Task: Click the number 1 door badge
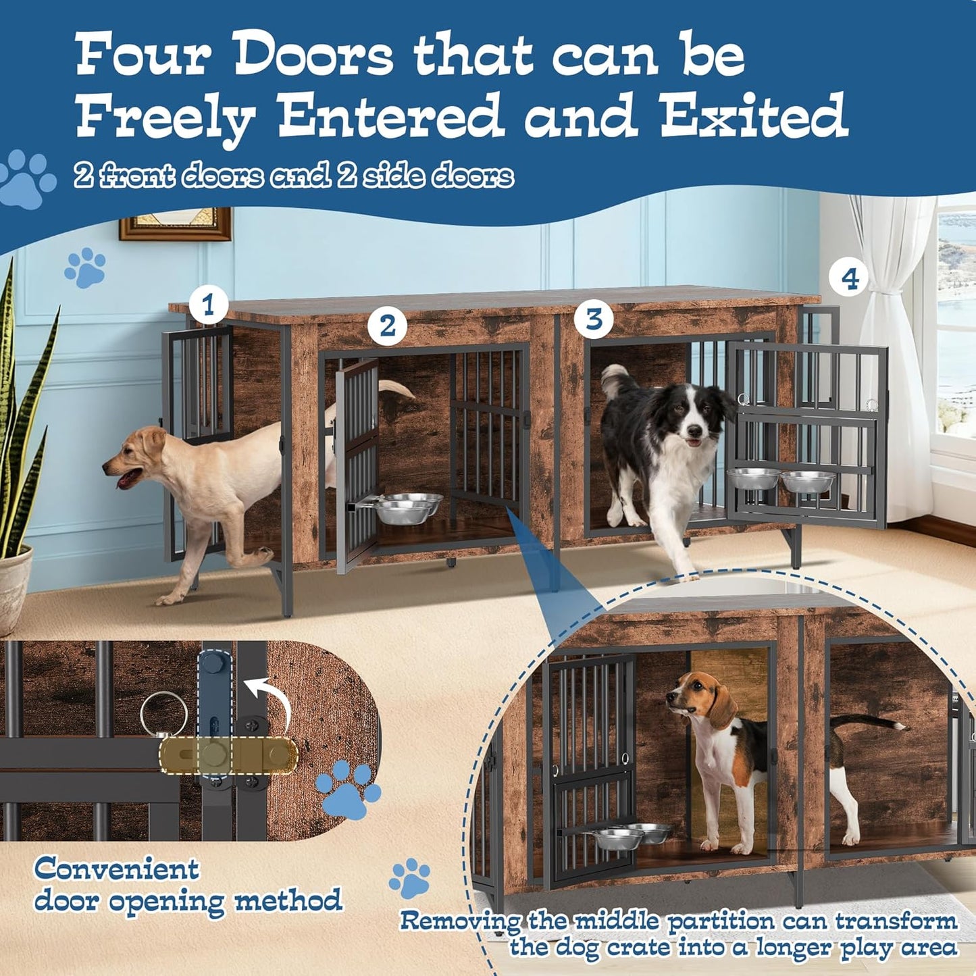[208, 305]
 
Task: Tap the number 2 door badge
[387, 326]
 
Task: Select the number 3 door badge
[594, 319]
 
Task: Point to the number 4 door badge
[850, 278]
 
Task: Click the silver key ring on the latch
[164, 715]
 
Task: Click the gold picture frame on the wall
[176, 224]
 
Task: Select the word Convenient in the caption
[117, 869]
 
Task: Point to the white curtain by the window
[892, 358]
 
